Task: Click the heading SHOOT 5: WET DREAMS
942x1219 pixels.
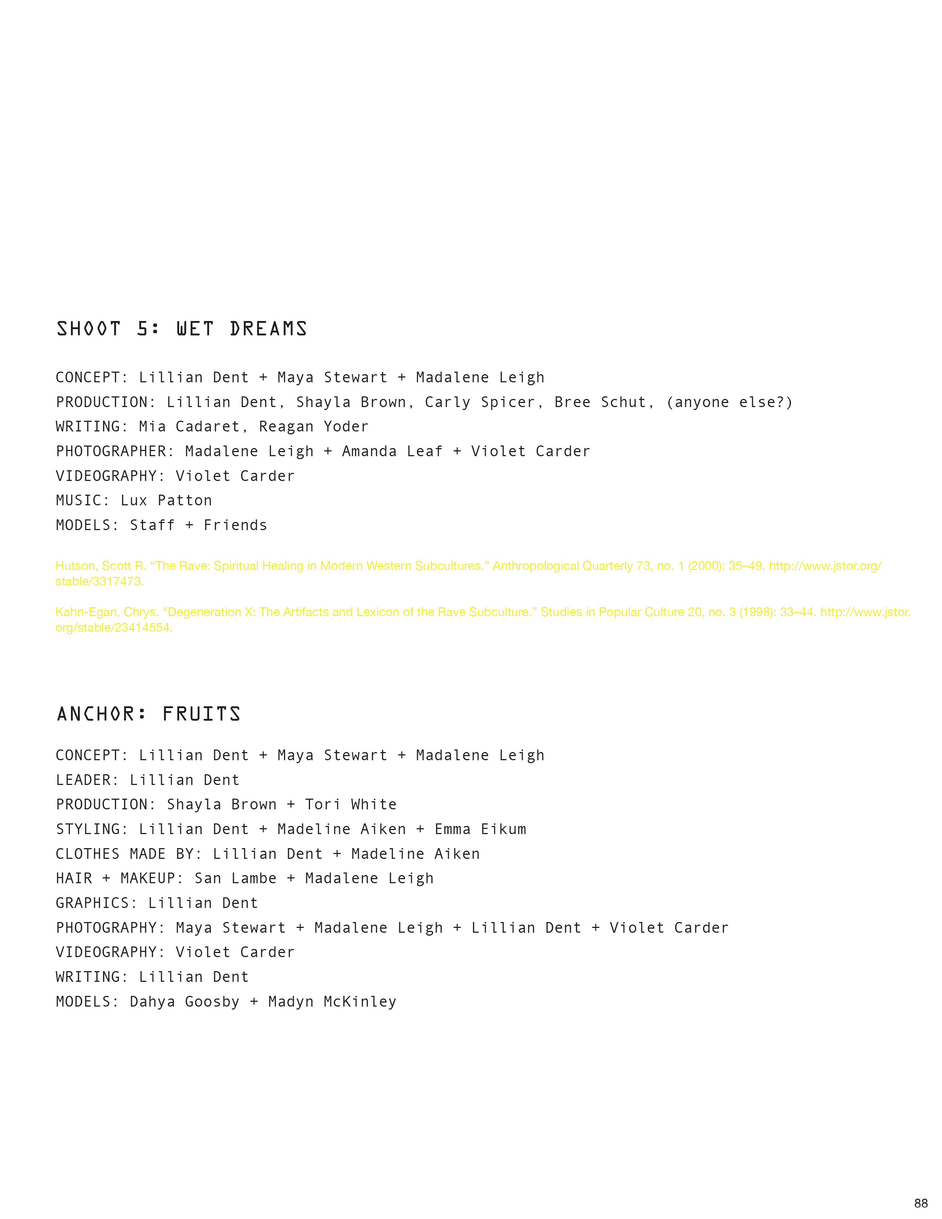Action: click(x=182, y=329)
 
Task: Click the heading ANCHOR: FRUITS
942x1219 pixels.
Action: click(x=149, y=714)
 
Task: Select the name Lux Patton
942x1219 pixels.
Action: click(x=166, y=501)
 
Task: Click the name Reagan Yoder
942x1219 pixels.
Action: click(x=314, y=427)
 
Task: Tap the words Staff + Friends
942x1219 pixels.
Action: click(x=199, y=525)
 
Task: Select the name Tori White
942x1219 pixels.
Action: click(x=351, y=805)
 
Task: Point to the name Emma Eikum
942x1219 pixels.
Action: click(x=481, y=829)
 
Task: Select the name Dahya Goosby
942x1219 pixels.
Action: click(x=185, y=1002)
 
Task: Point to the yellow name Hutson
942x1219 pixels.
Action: click(x=76, y=566)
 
